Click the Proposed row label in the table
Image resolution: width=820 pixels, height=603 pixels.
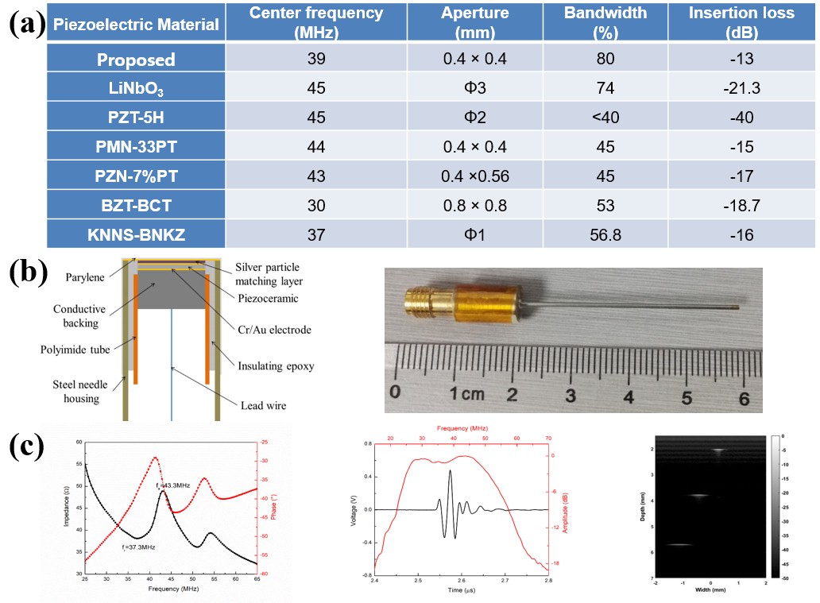136,60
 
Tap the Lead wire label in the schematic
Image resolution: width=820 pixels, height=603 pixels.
263,406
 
